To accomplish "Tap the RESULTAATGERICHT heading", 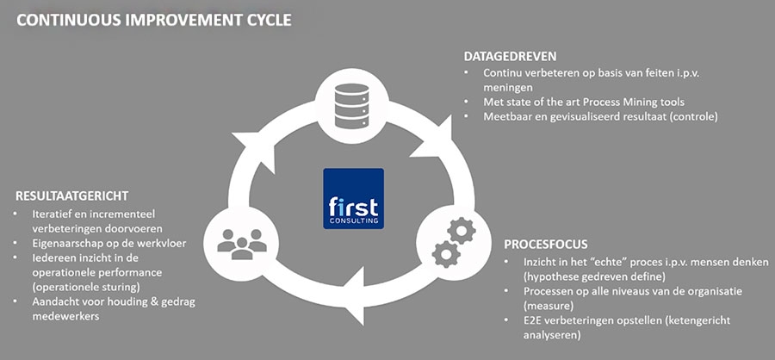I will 71,196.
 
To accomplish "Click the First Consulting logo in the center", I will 353,198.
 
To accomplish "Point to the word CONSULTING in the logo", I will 353,220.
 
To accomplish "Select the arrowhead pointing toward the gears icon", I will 442,129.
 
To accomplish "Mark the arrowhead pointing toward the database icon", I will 247,141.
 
